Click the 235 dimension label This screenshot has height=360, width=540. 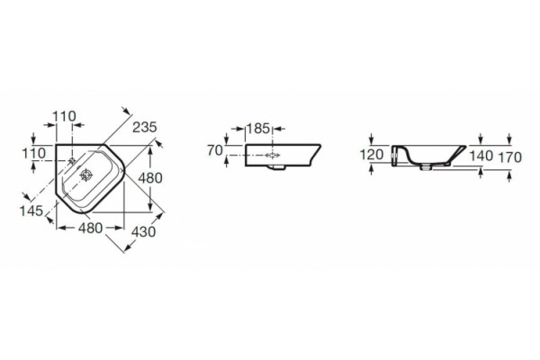pyautogui.click(x=145, y=127)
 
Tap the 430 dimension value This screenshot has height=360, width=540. pyautogui.click(x=144, y=232)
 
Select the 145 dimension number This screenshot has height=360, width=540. pyautogui.click(x=31, y=211)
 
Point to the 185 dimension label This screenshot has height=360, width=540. pyautogui.click(x=258, y=129)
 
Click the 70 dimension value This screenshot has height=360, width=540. pyautogui.click(x=215, y=150)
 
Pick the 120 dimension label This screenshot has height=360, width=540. pyautogui.click(x=372, y=155)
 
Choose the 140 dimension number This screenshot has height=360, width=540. pyautogui.click(x=481, y=156)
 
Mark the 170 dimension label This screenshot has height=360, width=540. pyautogui.click(x=510, y=157)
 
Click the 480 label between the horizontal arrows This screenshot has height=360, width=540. pyautogui.click(x=90, y=228)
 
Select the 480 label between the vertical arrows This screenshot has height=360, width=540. pyautogui.click(x=150, y=178)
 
